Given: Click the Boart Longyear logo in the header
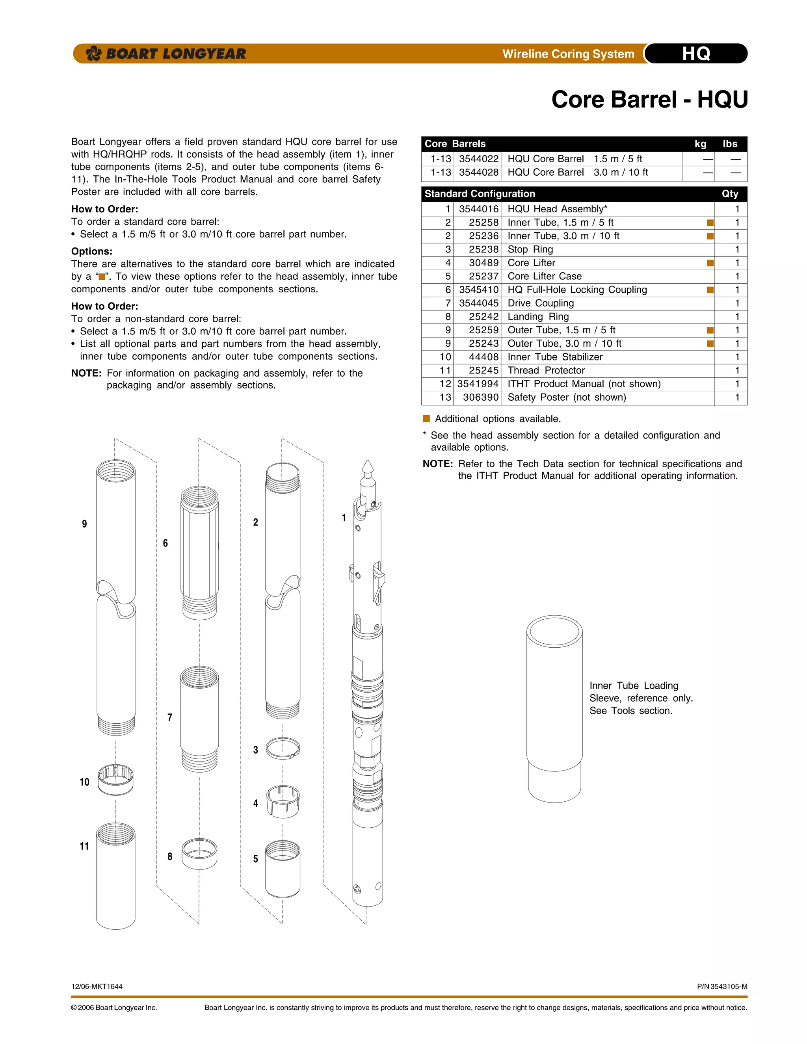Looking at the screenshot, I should pos(165,54).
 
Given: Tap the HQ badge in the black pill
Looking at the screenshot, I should pos(696,54).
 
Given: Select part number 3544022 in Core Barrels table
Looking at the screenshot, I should pos(478,159).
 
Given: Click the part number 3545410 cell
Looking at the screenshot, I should pos(478,290).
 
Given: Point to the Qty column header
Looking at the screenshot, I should pos(730,193).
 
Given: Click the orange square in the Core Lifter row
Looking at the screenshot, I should pos(710,263).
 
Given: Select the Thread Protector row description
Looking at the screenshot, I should pos(546,370).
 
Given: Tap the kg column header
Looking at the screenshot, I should pos(700,144).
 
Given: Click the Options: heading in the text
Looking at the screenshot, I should pos(92,251).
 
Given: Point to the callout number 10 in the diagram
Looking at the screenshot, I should pos(84,782).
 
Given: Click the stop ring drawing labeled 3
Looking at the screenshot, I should pos(283,748).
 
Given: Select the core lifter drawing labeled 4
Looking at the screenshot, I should pos(283,801).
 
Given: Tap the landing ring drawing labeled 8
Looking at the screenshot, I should pos(199,854).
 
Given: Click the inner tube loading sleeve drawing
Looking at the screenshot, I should pos(554,708).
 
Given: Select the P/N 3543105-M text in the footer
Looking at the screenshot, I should pos(722,986).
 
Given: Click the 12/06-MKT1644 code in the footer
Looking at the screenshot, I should pos(97,986).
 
